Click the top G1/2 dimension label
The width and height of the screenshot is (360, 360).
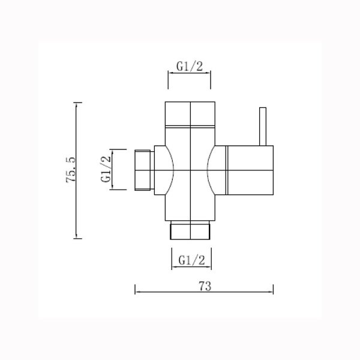click(x=189, y=67)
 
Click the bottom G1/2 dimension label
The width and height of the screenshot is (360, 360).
click(x=191, y=260)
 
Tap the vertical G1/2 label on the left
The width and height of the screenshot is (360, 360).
click(x=106, y=170)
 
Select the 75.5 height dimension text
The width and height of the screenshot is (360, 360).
click(x=71, y=170)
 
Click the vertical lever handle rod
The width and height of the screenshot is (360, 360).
click(x=262, y=126)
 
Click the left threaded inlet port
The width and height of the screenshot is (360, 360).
click(x=143, y=170)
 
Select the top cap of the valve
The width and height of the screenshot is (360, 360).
click(x=190, y=114)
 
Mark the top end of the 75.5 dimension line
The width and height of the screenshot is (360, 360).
click(x=76, y=103)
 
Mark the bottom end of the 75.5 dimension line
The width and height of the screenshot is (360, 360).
click(x=76, y=238)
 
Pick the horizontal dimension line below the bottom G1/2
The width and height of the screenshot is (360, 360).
click(x=191, y=268)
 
